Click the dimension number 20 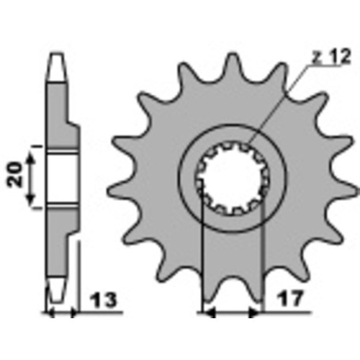14,174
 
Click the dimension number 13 104,300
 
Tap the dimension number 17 290,298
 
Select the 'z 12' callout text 331,57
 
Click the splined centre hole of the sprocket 233,178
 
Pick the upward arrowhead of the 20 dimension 30,158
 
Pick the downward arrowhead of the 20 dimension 30,199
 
